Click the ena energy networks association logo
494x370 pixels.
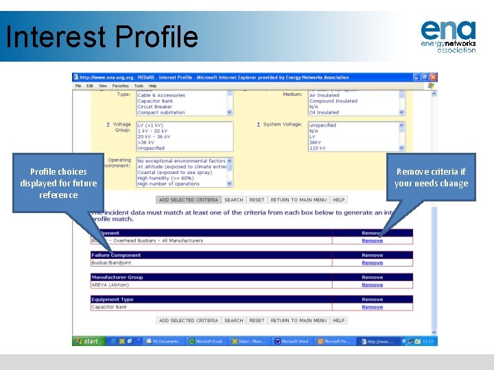(x=447, y=36)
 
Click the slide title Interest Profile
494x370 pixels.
(x=102, y=37)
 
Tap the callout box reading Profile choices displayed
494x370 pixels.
(x=58, y=183)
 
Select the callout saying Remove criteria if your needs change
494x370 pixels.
(x=431, y=177)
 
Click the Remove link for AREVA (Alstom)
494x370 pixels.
(x=372, y=285)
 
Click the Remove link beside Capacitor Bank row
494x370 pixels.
(x=372, y=307)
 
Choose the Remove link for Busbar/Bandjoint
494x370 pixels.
(x=372, y=263)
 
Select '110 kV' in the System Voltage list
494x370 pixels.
(x=318, y=148)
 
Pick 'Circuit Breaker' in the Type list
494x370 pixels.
(x=154, y=107)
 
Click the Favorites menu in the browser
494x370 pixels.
(x=121, y=86)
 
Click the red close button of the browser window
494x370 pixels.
(x=434, y=77)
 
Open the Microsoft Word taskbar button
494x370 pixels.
(x=292, y=341)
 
